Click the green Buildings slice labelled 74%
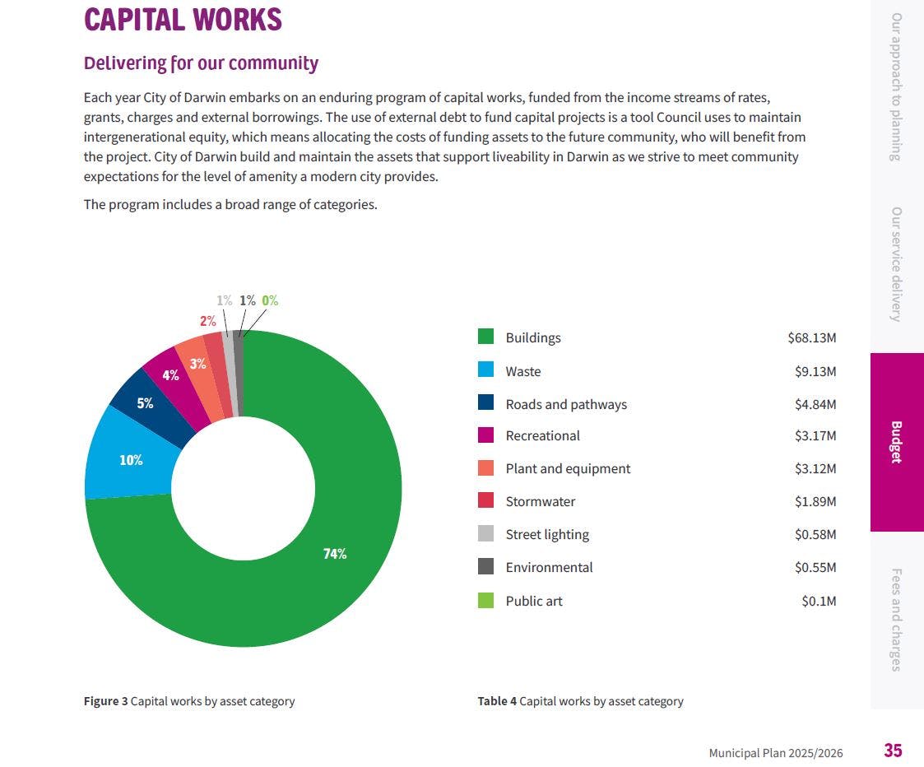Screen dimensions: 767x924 (x=335, y=553)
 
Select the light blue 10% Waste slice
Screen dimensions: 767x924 (x=131, y=459)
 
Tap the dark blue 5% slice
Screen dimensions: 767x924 (x=145, y=403)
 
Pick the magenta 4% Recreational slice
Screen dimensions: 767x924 (x=171, y=374)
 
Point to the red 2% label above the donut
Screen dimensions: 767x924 (x=207, y=321)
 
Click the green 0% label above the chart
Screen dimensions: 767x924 (x=270, y=300)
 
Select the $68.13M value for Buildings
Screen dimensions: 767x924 (x=811, y=337)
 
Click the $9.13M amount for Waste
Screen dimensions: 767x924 (x=815, y=371)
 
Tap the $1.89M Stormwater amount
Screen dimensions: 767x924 (x=815, y=501)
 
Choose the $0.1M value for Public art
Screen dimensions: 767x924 (x=819, y=601)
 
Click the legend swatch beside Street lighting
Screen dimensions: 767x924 (x=486, y=534)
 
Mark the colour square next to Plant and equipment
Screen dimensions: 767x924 (x=486, y=468)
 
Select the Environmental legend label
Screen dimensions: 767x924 (x=549, y=567)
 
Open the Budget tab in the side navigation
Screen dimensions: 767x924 (x=896, y=442)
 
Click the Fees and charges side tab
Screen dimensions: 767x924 (x=896, y=620)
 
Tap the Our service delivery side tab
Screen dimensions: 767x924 (x=896, y=263)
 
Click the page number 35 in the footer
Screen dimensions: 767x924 (x=893, y=751)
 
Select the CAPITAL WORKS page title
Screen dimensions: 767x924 (x=183, y=20)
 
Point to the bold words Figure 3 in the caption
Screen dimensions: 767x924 (x=105, y=701)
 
